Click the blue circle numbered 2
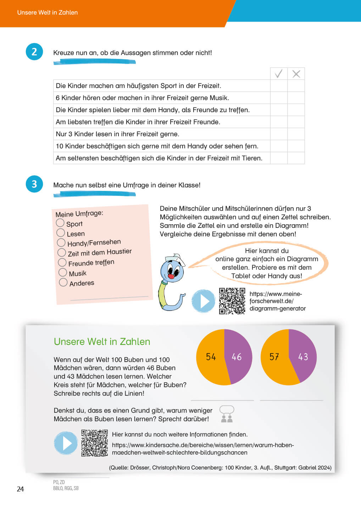click(34, 52)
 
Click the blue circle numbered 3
click(34, 184)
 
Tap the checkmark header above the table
click(279, 74)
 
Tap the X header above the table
click(296, 74)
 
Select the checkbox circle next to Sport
click(60, 223)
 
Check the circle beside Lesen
click(61, 233)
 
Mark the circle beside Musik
click(62, 272)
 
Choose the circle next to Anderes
click(63, 282)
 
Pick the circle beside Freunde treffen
click(62, 262)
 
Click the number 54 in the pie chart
click(211, 357)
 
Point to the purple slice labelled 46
click(237, 357)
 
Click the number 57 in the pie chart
click(274, 357)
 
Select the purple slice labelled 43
click(303, 357)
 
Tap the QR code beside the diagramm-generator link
click(232, 301)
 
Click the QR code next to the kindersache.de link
click(94, 443)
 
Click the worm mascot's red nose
click(171, 276)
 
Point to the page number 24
click(20, 489)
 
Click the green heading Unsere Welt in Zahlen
click(102, 341)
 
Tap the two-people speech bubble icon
click(227, 414)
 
